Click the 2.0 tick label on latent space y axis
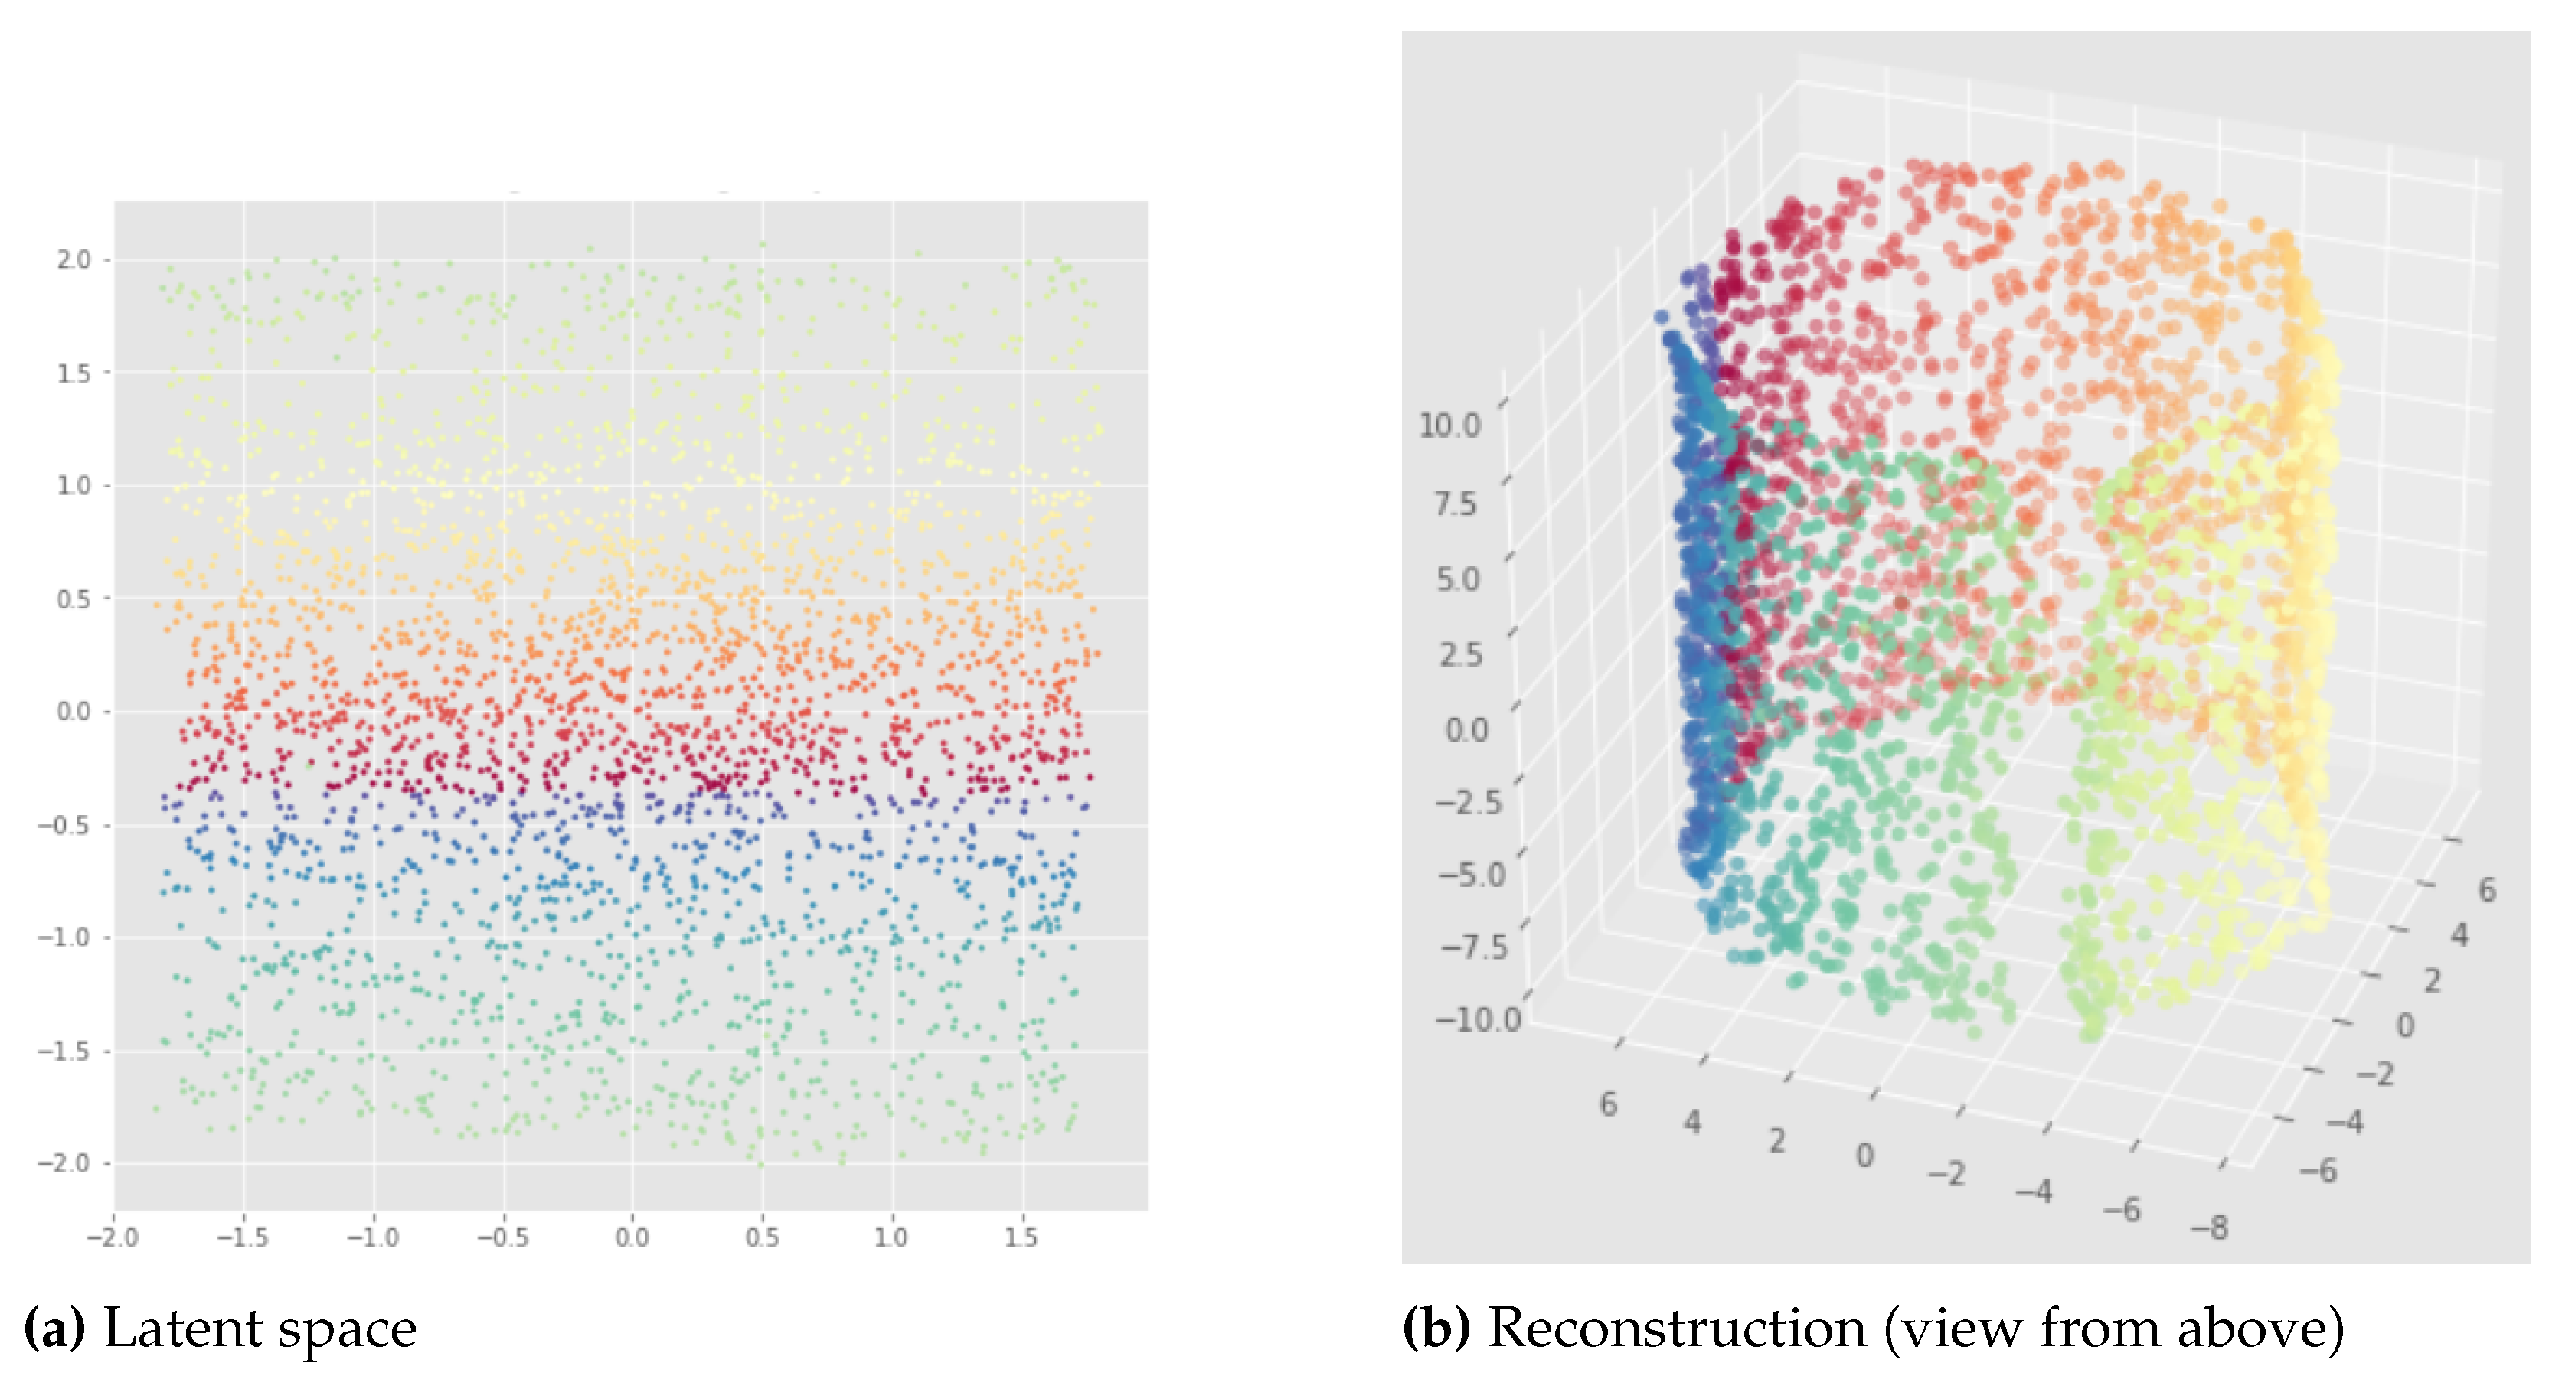click(x=73, y=259)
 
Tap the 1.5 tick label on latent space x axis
click(x=1021, y=1238)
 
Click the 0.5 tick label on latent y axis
click(x=73, y=598)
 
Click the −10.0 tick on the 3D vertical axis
click(x=1478, y=1019)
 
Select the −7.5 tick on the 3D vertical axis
click(x=1473, y=946)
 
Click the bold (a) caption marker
click(x=54, y=1329)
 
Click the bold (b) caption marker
click(x=1435, y=1329)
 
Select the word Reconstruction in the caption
click(x=1677, y=1329)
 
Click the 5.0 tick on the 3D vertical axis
click(x=1458, y=579)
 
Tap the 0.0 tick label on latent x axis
click(x=632, y=1238)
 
